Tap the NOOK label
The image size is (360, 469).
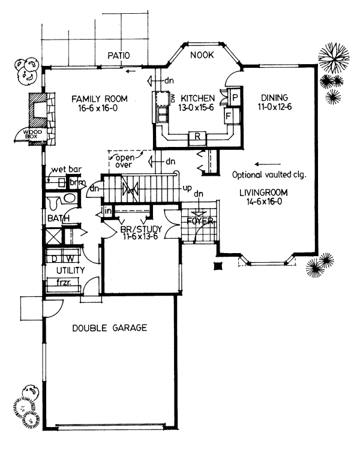pos(202,55)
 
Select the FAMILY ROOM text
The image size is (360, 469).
pos(99,98)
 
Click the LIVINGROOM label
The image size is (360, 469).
pos(267,193)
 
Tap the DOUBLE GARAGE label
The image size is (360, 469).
pos(110,328)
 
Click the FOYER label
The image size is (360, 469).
pos(199,221)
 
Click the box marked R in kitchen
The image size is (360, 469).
pos(197,136)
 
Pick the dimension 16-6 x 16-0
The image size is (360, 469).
pos(99,109)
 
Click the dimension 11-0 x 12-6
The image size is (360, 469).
pos(275,109)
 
